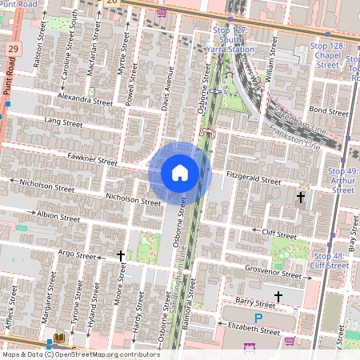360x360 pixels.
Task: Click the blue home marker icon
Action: click(180, 172)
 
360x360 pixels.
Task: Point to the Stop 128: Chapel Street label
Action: click(329, 56)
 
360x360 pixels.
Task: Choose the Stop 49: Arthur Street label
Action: click(343, 181)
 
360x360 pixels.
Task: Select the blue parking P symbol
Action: click(258, 318)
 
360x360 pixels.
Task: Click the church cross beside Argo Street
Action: click(121, 256)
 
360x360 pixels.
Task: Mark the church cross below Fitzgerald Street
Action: click(302, 197)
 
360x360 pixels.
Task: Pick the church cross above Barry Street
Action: click(278, 297)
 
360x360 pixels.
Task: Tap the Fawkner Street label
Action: click(94, 159)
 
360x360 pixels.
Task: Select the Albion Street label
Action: click(58, 216)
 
